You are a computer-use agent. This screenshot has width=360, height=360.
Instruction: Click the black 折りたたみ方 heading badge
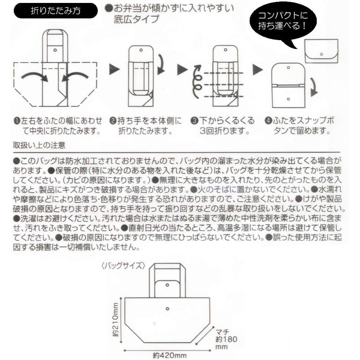(x=56, y=11)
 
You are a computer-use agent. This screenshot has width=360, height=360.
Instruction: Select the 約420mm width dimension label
(x=169, y=356)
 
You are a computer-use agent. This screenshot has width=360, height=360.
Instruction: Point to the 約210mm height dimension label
(x=116, y=320)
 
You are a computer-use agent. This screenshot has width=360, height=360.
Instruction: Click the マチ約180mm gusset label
(x=226, y=339)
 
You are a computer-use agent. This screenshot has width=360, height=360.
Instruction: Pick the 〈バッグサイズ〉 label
(x=123, y=266)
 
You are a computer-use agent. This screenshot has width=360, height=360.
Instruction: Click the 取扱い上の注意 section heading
(x=39, y=145)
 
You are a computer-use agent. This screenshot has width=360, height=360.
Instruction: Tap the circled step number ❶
(x=17, y=121)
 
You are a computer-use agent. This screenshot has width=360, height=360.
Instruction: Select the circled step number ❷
(x=113, y=121)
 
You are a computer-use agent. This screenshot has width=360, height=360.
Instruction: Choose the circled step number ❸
(x=194, y=121)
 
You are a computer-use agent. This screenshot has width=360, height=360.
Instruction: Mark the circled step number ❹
(x=268, y=121)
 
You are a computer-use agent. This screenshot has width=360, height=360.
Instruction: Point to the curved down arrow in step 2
(x=161, y=64)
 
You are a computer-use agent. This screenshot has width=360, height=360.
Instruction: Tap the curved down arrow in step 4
(x=314, y=87)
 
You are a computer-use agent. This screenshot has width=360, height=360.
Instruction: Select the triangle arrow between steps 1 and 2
(x=114, y=69)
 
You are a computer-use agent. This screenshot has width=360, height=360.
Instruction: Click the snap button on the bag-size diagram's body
(x=167, y=309)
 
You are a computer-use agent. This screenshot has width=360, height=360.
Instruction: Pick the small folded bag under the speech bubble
(x=321, y=51)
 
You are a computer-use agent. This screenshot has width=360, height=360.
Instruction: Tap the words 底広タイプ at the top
(x=136, y=19)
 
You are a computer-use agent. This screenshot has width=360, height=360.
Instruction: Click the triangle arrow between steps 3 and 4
(x=258, y=69)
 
